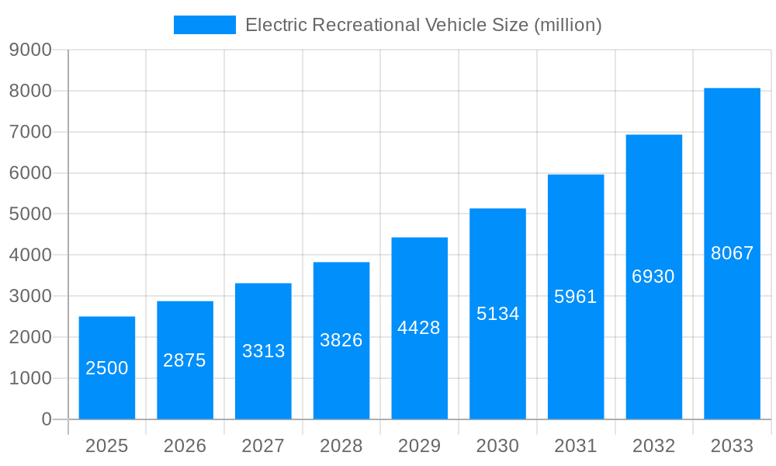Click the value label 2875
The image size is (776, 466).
(x=185, y=360)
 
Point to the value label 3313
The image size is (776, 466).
(x=264, y=351)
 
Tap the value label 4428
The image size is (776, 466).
(x=419, y=328)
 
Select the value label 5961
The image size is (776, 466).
(x=576, y=297)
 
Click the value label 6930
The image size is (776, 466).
(x=653, y=276)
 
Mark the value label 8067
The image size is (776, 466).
(x=732, y=253)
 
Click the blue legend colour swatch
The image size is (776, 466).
(x=204, y=25)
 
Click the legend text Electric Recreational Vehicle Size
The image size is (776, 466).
(x=423, y=25)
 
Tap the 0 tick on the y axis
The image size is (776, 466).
(x=47, y=419)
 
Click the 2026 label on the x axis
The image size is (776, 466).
(x=185, y=446)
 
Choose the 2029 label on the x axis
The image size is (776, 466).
(x=419, y=446)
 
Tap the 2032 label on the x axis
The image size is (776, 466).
(x=653, y=446)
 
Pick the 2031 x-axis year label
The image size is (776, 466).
(x=576, y=446)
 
